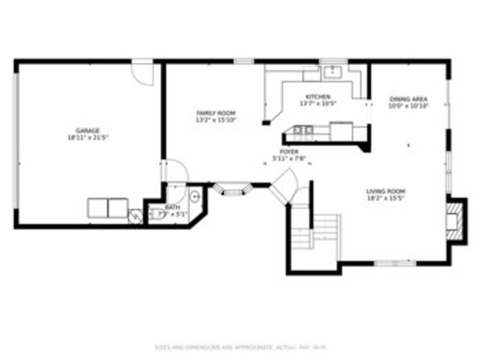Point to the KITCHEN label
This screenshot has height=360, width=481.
pos(318,97)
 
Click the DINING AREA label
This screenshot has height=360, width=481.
pos(408,99)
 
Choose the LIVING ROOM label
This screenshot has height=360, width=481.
pos(386,191)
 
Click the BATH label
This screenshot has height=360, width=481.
pos(172,208)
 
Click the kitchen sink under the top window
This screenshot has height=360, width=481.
pos(332,71)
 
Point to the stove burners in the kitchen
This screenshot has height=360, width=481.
pos(302,130)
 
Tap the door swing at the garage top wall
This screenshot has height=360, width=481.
pos(144,73)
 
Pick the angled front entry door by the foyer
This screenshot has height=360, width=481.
pos(284,184)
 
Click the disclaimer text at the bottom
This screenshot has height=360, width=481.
pos(240,346)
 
